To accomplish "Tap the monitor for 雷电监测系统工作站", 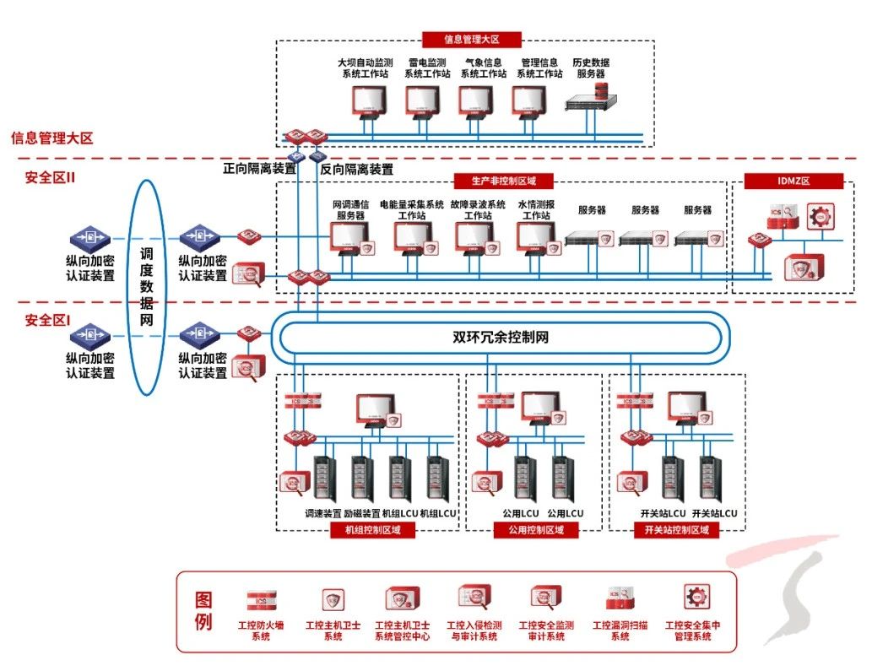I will click(x=423, y=102).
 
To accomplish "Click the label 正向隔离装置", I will click(x=259, y=169).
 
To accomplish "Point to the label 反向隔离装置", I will click(x=357, y=169).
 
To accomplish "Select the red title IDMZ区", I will click(x=793, y=181).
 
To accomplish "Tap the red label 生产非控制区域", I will click(x=503, y=181).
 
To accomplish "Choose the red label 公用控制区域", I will click(x=536, y=530).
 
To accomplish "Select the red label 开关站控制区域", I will click(x=676, y=530).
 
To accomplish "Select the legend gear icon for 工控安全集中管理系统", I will click(x=696, y=598).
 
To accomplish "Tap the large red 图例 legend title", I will click(x=203, y=612).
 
